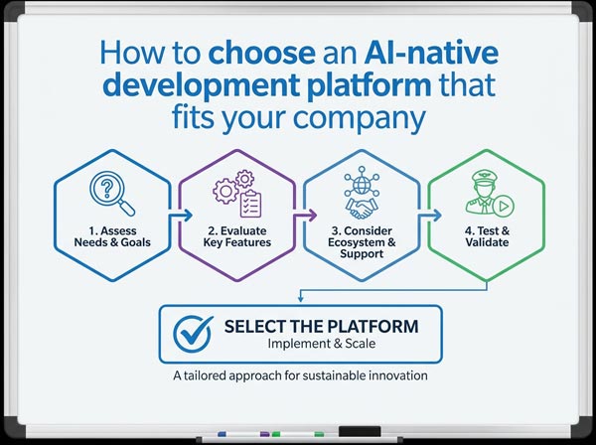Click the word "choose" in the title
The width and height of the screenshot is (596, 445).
[x=262, y=53]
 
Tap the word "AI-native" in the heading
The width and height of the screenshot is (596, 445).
[x=431, y=53]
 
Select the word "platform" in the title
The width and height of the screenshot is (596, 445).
[x=369, y=85]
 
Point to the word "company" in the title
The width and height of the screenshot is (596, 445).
[x=360, y=118]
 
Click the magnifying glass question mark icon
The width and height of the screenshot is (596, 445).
[x=112, y=194]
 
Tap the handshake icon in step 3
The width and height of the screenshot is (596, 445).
[x=362, y=209]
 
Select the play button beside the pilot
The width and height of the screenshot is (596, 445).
[x=504, y=206]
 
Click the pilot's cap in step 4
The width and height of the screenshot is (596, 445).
[x=485, y=177]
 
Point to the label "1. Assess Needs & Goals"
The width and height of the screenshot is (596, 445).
[x=112, y=236]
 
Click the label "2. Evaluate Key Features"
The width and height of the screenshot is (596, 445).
[x=237, y=236]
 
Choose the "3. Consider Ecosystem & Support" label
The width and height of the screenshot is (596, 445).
[x=362, y=242]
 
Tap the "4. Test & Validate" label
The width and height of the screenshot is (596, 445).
[x=487, y=236]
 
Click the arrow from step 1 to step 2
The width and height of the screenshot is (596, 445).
[x=181, y=216]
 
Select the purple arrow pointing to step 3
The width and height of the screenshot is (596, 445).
[x=305, y=216]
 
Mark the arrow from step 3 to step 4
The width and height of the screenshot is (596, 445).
[x=430, y=216]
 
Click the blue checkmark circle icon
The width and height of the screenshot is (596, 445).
[x=193, y=334]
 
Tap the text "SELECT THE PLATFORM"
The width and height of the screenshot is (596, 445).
[x=321, y=327]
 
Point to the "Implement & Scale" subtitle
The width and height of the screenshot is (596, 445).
[x=322, y=344]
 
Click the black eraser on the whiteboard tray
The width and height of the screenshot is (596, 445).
[x=360, y=432]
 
